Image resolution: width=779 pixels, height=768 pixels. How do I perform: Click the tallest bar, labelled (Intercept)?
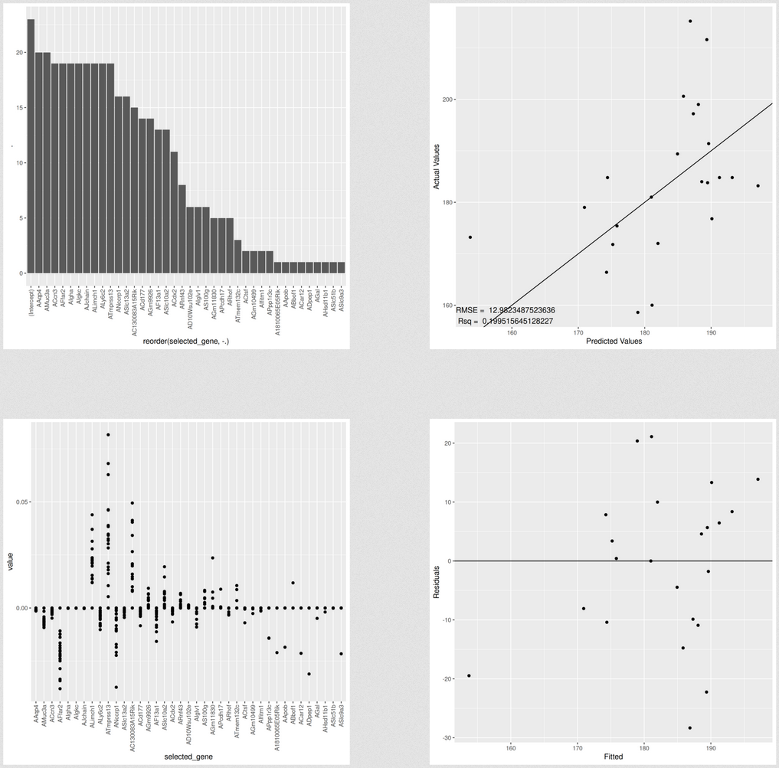pos(31,145)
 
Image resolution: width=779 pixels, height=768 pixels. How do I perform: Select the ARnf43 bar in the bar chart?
pos(182,229)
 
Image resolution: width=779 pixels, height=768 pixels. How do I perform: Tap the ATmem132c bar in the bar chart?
pos(237,257)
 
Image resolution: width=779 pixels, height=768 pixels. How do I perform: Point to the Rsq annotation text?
pos(506,321)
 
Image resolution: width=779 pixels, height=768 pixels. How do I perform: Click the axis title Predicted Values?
pos(614,342)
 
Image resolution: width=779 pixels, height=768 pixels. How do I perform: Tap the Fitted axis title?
pos(613,757)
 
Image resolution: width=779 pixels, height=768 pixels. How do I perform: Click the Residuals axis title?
pos(436,581)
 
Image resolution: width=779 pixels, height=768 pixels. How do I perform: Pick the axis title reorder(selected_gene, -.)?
pos(186,342)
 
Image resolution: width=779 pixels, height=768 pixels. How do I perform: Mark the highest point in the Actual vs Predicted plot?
pos(690,21)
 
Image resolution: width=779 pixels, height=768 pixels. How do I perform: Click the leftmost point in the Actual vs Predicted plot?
pos(470,237)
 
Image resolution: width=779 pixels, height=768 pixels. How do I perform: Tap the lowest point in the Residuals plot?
pos(690,728)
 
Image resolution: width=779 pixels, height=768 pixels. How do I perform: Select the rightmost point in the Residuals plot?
pos(758,479)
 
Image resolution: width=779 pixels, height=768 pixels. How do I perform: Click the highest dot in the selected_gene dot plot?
pos(108,434)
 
